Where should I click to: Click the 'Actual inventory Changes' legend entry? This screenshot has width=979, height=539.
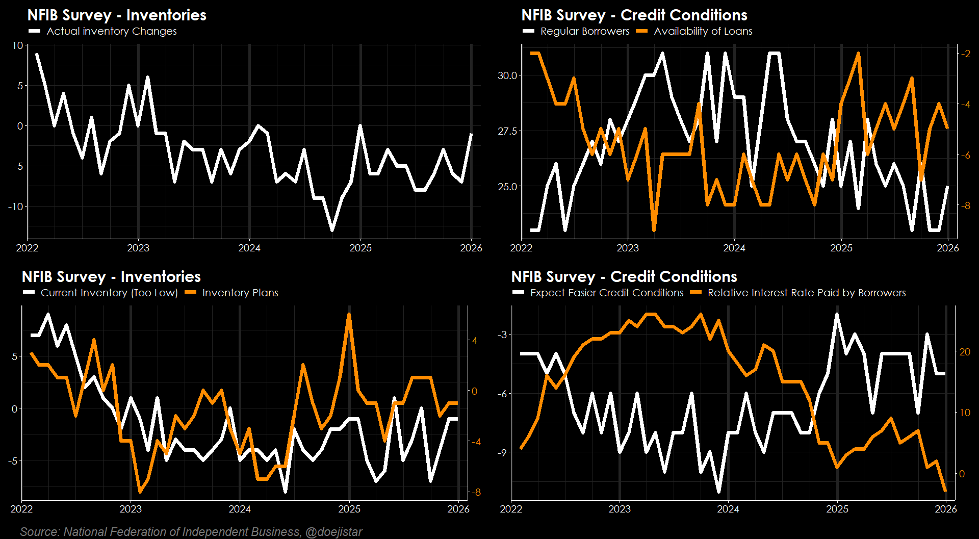point(111,31)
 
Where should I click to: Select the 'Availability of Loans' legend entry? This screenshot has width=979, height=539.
point(703,31)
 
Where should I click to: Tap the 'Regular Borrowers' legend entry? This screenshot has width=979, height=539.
point(584,31)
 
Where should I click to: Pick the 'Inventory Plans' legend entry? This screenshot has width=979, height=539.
point(240,293)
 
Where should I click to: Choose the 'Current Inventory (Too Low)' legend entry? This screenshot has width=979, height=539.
point(109,293)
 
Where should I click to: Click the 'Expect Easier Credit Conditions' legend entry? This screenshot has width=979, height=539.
point(606,293)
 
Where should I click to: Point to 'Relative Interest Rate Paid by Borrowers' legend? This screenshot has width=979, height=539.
point(806,293)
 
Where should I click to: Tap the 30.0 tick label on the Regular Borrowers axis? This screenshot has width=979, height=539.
point(507,75)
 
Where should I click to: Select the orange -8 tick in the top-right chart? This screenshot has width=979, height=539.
point(965,206)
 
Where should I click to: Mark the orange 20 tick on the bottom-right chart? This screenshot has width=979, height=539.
point(965,352)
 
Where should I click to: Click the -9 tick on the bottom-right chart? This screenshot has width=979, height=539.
point(503,452)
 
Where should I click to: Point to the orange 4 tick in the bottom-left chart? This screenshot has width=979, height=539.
point(475,340)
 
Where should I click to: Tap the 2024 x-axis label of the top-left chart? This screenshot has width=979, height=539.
point(249,248)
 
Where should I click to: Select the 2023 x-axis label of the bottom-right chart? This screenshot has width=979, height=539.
point(620,509)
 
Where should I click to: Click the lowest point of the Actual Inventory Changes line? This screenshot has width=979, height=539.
point(332,230)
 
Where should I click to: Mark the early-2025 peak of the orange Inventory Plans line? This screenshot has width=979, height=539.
point(349,315)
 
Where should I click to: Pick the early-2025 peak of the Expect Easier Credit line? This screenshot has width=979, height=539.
point(837,315)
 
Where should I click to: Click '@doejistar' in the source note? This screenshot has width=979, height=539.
point(333,532)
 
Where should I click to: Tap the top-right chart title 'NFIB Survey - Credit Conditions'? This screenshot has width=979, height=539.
point(634,15)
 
